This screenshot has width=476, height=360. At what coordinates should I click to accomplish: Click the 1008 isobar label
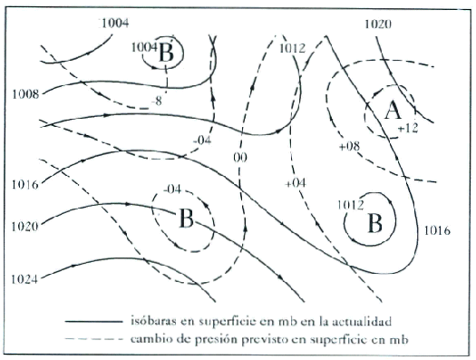point(26,93)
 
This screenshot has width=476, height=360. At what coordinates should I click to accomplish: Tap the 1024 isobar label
point(26,278)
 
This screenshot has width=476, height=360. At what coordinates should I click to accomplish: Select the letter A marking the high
point(392,111)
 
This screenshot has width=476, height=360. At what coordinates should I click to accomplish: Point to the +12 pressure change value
point(407,130)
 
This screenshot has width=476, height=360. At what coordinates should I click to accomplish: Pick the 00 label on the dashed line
point(240,158)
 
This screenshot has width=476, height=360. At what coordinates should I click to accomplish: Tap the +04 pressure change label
point(296,183)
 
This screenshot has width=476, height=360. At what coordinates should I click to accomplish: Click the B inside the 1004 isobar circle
point(167,53)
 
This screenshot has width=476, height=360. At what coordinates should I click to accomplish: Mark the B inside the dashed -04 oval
point(185,220)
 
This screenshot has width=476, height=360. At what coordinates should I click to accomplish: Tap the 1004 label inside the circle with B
point(144,46)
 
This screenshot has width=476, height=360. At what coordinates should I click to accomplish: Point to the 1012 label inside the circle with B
point(350,205)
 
